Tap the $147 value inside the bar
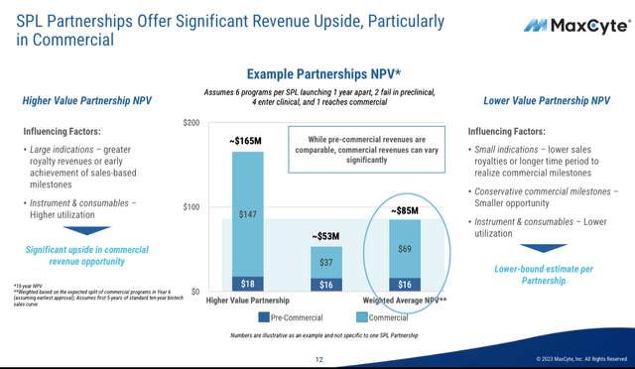pyautogui.click(x=246, y=214)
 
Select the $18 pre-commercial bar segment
pyautogui.click(x=246, y=285)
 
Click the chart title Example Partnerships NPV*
pyautogui.click(x=323, y=73)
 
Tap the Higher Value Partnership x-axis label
pyautogui.click(x=247, y=301)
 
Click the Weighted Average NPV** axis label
pyautogui.click(x=404, y=301)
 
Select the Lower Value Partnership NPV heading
pyautogui.click(x=546, y=101)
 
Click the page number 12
pyautogui.click(x=319, y=359)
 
